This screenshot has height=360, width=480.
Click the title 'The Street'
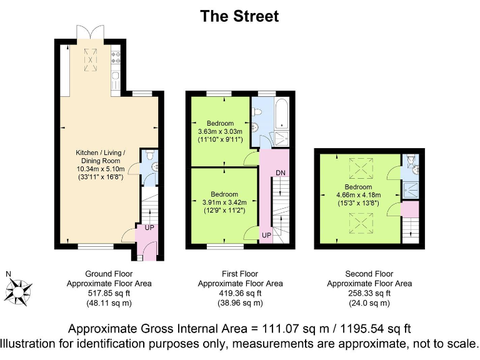click(x=239, y=16)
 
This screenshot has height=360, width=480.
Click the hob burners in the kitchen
click(x=116, y=57)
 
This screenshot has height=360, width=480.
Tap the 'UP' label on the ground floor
click(x=149, y=227)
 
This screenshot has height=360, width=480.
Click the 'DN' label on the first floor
click(x=281, y=172)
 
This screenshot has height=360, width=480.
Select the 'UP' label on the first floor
click(x=266, y=236)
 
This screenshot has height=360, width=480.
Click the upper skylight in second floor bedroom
click(x=359, y=167)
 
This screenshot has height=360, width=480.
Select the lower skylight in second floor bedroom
click(x=359, y=222)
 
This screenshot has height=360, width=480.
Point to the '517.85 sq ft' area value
click(x=109, y=292)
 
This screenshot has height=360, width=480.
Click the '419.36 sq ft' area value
click(x=240, y=292)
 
